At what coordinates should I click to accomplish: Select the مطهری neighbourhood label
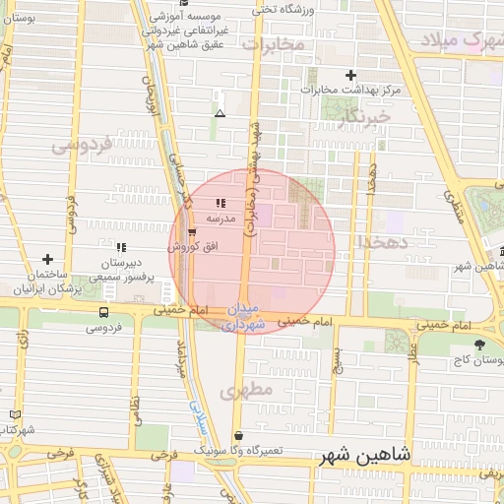tap(246, 390)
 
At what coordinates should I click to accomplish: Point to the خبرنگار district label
tap(365, 116)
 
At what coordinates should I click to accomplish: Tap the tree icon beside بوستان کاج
tap(479, 345)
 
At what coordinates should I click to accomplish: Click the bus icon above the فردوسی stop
tap(104, 313)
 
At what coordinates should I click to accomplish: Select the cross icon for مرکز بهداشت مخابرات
tap(350, 75)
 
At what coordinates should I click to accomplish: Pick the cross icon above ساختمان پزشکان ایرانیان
tap(46, 259)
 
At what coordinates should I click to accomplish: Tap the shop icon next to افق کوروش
tap(192, 232)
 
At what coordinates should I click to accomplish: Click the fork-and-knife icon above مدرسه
tap(220, 202)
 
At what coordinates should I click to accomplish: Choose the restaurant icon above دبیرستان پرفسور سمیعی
tap(121, 247)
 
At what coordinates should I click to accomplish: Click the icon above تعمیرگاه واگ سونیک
tap(238, 435)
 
